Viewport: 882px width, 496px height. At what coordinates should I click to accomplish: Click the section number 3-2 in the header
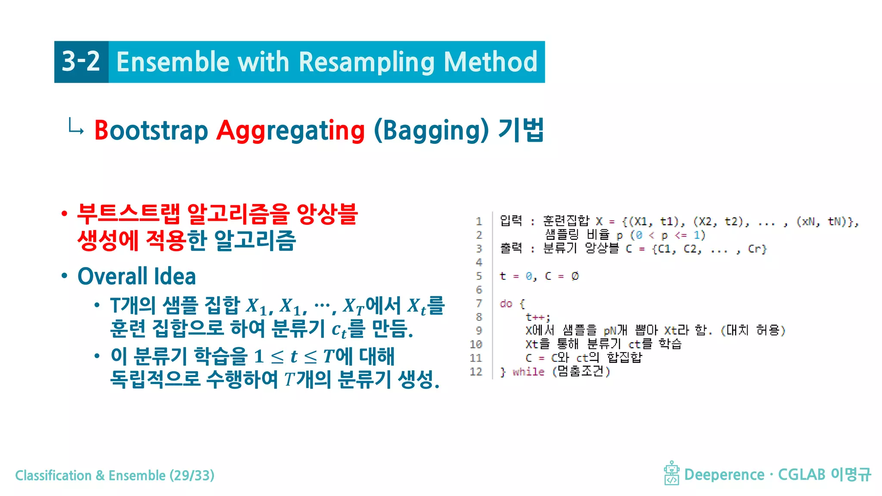tap(81, 62)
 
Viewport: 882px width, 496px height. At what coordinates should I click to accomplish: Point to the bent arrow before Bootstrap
tap(76, 127)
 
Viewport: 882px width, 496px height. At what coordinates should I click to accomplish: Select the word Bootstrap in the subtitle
tap(151, 130)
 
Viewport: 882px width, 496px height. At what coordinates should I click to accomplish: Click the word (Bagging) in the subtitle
tap(431, 130)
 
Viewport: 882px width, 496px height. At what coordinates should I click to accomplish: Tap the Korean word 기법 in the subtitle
tap(521, 130)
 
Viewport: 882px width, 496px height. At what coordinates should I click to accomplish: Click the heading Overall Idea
tap(137, 276)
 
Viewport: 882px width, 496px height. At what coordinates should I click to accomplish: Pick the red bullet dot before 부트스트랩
tap(65, 214)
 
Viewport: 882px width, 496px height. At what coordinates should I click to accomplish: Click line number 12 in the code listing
tap(476, 372)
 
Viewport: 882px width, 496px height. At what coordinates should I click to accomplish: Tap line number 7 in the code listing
tap(478, 304)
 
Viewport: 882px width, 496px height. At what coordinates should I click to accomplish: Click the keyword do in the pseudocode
tap(506, 304)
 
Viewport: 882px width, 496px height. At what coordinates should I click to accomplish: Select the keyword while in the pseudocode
tap(528, 372)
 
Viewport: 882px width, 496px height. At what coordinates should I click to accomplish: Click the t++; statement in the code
tap(537, 317)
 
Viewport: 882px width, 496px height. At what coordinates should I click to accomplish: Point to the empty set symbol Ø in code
tap(575, 276)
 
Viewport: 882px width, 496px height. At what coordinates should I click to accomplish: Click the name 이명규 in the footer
tap(851, 474)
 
